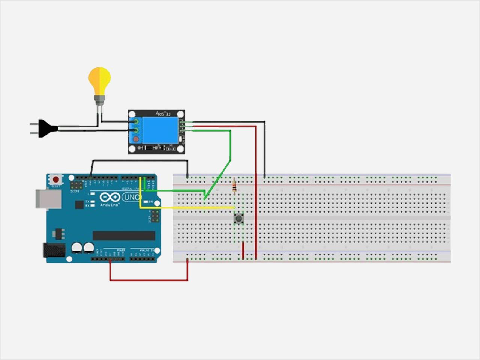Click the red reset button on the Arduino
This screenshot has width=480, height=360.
coord(56,180)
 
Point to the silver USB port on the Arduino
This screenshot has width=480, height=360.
coord(48,199)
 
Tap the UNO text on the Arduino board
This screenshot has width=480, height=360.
coord(131,197)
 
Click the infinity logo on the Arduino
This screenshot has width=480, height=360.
coord(110,197)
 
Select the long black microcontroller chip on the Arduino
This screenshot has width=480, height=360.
coord(124,235)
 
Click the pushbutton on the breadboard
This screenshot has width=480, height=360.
coord(238,218)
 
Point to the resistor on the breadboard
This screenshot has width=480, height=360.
coord(234,186)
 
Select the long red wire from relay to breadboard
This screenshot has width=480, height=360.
coord(256,187)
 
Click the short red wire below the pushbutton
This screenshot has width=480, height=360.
coord(243,250)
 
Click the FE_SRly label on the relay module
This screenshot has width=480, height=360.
coord(163,113)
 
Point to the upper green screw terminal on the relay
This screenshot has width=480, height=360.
coord(136,122)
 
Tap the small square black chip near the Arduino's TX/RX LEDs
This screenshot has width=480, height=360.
coord(79,204)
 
